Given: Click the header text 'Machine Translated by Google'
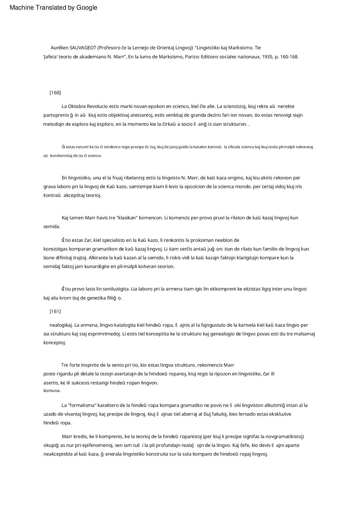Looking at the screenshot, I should [x=53, y=8].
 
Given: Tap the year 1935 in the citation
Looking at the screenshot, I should [x=267, y=57].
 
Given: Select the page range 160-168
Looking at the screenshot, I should [x=289, y=57].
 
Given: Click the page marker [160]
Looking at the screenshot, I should [x=55, y=93].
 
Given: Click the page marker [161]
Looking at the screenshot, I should [x=55, y=311].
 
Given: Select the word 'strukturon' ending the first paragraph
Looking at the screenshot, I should [x=234, y=124].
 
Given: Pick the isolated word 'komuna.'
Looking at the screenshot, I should [x=52, y=391].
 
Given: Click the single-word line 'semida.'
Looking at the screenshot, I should [x=52, y=227].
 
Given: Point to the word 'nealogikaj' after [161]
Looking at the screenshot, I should [x=61, y=325].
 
